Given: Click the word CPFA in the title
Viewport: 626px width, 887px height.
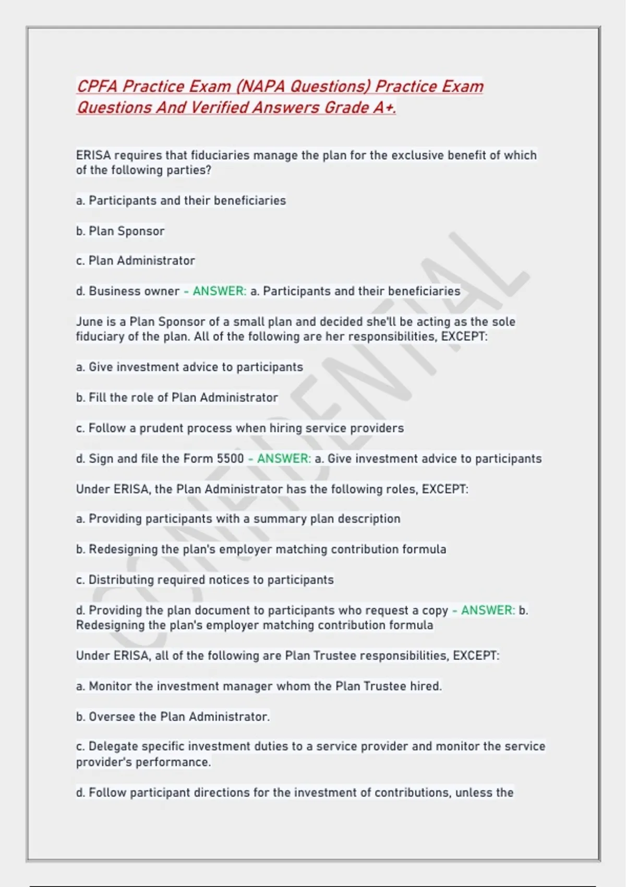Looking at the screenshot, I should click(98, 86).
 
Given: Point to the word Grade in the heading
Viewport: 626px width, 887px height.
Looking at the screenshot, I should click(346, 107).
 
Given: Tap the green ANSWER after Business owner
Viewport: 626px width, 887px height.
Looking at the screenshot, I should click(219, 291).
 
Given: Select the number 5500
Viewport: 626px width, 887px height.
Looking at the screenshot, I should click(230, 459).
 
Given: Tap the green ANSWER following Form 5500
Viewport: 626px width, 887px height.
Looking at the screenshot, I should click(284, 459).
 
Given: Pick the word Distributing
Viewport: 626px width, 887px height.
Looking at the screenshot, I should click(121, 580).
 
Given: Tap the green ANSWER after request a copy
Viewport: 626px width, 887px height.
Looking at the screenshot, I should click(488, 610).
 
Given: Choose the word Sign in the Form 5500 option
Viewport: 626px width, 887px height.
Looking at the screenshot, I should click(101, 459).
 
